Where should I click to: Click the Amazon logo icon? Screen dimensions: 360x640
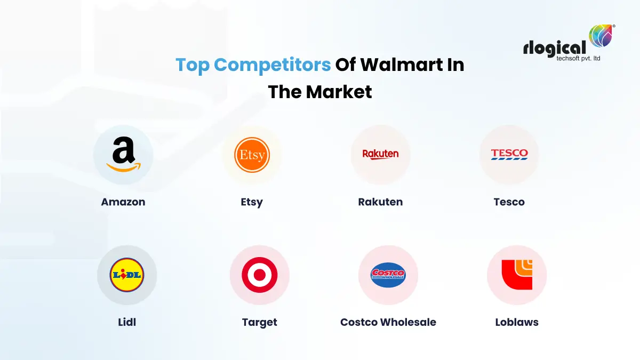[123, 155]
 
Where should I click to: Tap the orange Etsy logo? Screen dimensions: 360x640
[252, 155]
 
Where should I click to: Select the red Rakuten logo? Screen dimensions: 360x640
[380, 155]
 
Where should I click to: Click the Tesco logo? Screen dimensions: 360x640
[509, 155]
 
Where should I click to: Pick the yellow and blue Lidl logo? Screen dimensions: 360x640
[127, 275]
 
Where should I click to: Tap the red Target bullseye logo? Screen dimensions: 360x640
[260, 275]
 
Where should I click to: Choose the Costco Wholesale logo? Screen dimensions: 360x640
[388, 275]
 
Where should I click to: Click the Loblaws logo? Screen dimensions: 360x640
[517, 275]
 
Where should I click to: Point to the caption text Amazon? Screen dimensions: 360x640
[123, 202]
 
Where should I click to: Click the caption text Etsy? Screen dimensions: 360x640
[252, 202]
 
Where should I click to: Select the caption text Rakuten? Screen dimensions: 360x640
[380, 202]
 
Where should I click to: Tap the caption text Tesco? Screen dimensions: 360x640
[509, 202]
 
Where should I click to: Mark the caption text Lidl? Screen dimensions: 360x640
[127, 322]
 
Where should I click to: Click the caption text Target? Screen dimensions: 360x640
[260, 322]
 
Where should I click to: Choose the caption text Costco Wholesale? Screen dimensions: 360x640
[388, 322]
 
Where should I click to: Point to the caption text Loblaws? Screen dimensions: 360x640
[517, 322]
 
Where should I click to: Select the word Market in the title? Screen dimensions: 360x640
[339, 92]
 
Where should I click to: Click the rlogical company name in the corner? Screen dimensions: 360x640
[555, 49]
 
